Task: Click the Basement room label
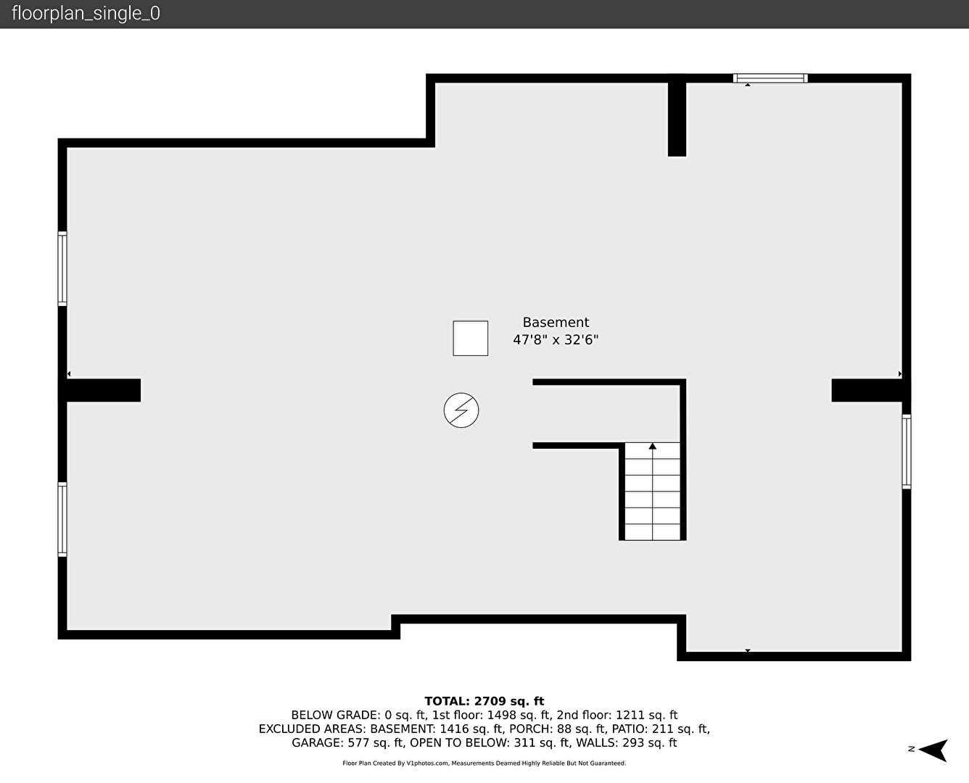coord(556,323)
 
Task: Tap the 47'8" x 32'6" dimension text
coord(556,340)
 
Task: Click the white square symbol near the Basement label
coord(471,339)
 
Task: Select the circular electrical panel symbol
coord(461,410)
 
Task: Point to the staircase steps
coord(652,491)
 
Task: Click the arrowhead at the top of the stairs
coord(652,446)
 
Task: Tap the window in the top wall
coord(770,78)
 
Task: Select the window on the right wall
coord(906,452)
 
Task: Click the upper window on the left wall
coord(62,269)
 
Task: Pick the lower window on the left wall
coord(62,519)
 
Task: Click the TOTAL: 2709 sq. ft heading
coord(484,701)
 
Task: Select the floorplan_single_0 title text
coord(86,14)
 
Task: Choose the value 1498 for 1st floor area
coord(501,716)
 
